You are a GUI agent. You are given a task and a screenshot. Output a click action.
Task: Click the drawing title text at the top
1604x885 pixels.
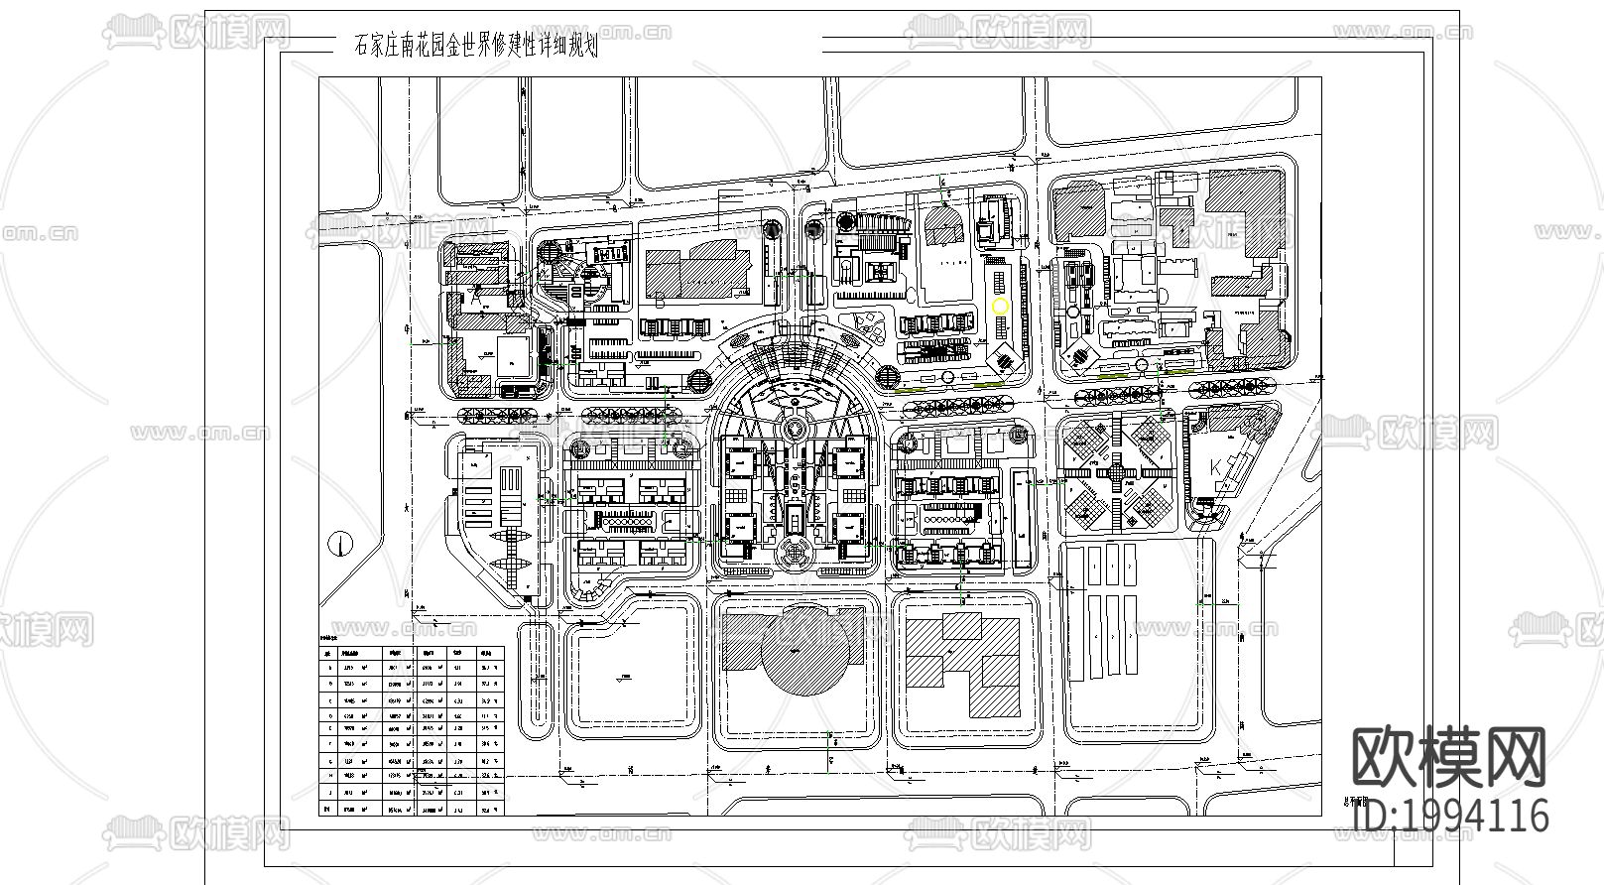[x=475, y=46]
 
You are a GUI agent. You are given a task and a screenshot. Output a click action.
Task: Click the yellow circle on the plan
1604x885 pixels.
[x=1000, y=307]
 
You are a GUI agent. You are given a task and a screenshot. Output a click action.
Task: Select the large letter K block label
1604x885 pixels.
[x=1216, y=467]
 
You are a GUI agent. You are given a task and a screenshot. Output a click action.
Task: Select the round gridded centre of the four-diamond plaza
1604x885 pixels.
[x=1118, y=473]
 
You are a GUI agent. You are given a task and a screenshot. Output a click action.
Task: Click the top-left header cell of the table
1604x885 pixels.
[x=328, y=653]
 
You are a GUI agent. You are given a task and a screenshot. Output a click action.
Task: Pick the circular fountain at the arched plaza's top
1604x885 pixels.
[x=795, y=429]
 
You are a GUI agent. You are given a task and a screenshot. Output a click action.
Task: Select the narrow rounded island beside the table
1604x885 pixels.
[x=536, y=679]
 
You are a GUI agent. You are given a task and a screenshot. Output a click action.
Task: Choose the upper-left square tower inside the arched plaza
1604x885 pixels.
[x=739, y=463]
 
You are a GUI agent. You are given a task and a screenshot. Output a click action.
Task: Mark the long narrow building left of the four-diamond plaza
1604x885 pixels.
[x=1023, y=520]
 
